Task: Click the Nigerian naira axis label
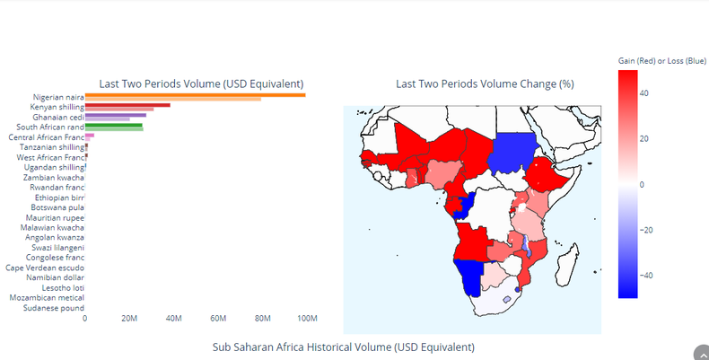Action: coord(58,97)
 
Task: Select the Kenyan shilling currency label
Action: coord(58,107)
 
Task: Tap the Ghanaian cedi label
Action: coord(58,118)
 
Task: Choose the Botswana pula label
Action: coord(57,207)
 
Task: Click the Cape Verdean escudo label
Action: coord(45,268)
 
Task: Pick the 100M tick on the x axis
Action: coord(307,319)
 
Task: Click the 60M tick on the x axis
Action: coord(218,319)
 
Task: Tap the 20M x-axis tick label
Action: coord(129,319)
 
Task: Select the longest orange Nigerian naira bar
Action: coord(195,94)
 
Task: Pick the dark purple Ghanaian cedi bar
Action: coord(116,115)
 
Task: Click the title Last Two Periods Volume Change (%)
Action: coord(485,83)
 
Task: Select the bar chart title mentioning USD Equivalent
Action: coord(201,83)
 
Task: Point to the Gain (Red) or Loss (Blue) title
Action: coord(661,59)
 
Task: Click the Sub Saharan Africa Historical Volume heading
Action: coord(343,347)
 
